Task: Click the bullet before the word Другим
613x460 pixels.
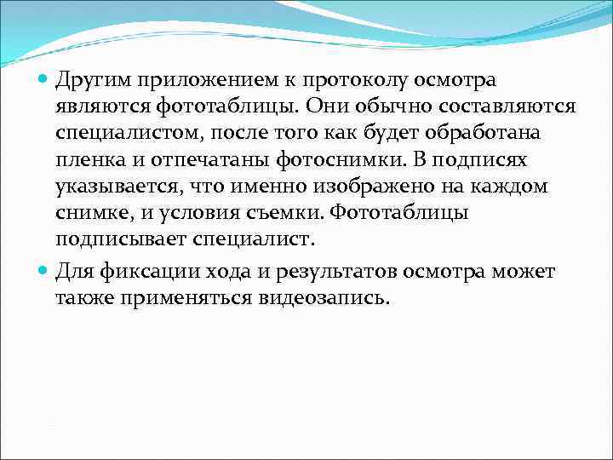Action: (45, 81)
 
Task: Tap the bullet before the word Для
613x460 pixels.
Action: (45, 273)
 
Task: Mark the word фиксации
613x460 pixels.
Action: (141, 273)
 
